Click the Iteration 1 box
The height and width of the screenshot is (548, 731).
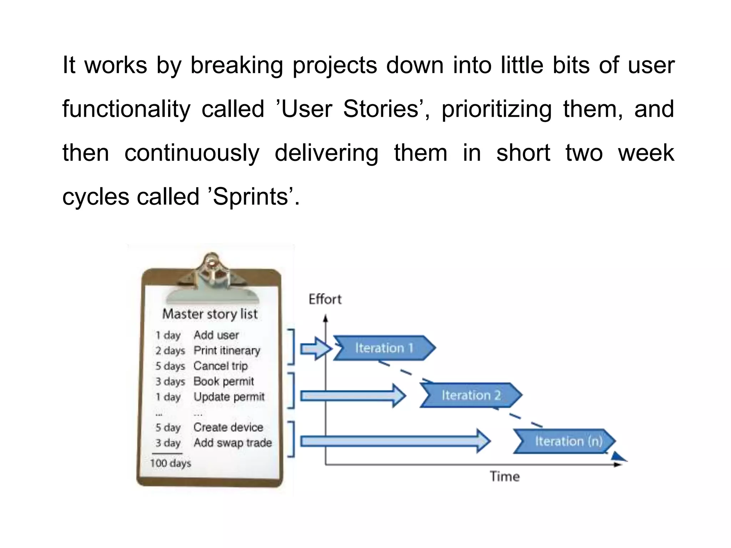pos(384,348)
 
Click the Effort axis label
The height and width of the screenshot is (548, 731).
pos(325,299)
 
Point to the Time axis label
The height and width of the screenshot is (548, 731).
pos(504,477)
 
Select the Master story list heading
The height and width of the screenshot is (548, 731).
pos(210,314)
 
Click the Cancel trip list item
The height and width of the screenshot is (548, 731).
pos(221,366)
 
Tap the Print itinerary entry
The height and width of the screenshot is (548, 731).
pos(227,350)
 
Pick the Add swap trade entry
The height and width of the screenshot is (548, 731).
pos(233,443)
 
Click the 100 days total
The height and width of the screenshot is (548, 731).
pos(171,463)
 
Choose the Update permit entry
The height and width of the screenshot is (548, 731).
pos(229,397)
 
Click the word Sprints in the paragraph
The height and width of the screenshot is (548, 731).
pos(250,197)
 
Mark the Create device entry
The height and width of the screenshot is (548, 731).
pos(228,427)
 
